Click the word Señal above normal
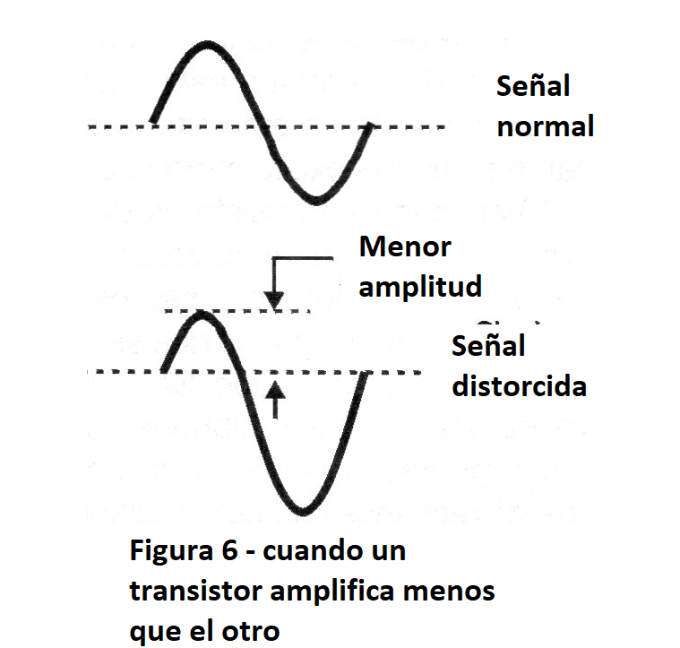[x=533, y=88]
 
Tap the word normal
[x=546, y=126]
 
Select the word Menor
[x=404, y=247]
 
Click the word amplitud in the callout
[x=420, y=286]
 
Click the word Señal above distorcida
[x=488, y=346]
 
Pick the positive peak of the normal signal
[x=207, y=43]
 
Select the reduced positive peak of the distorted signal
[x=202, y=313]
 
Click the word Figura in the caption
[x=168, y=550]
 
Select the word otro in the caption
[x=252, y=630]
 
